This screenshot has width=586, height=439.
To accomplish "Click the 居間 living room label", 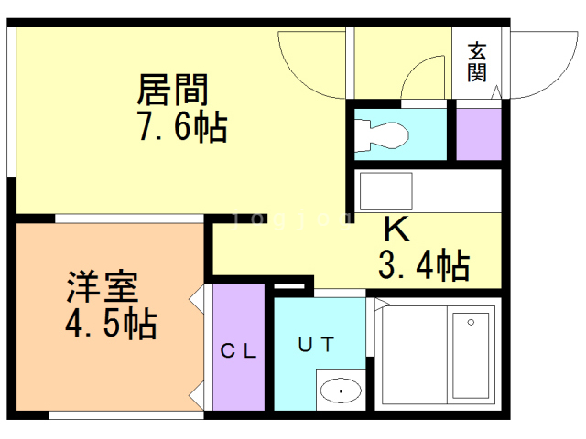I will tap(174, 90).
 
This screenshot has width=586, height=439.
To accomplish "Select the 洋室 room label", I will tap(102, 287).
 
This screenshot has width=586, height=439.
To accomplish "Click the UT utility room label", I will tap(316, 344).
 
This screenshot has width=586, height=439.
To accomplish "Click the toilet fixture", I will tap(385, 134).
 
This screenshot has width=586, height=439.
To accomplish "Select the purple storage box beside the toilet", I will tap(478, 134).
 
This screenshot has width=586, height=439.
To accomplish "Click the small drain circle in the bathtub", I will tap(471, 322).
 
